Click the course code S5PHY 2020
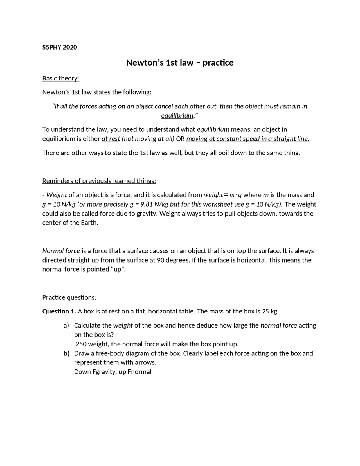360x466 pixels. point(59,47)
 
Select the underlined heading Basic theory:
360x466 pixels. point(61,78)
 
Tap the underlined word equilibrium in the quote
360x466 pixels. point(177,116)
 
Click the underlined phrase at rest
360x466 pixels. point(111,139)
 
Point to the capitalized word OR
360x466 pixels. point(180,139)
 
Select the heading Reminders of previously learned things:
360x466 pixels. point(99,181)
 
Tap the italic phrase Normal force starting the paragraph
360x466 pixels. point(61,251)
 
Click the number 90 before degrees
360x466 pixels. point(161,260)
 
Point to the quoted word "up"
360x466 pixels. point(118,269)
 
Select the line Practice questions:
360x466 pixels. point(69,297)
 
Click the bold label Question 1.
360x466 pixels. point(59,311)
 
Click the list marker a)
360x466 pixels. point(66,326)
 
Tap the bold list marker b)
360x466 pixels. point(66,353)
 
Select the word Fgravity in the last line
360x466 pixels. point(103,372)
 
